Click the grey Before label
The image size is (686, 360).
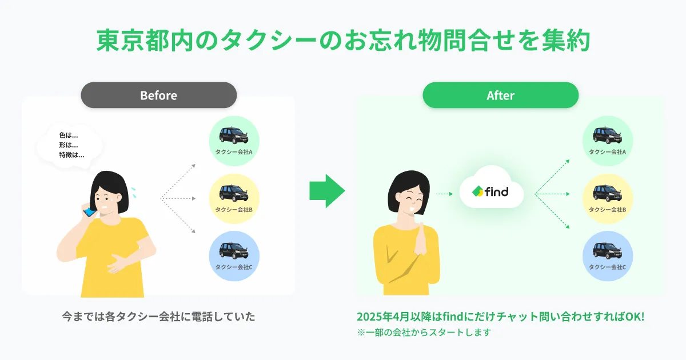coord(158,95)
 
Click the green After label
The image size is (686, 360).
coord(500,95)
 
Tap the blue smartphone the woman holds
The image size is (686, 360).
coord(90,213)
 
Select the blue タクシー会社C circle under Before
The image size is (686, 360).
coord(234,255)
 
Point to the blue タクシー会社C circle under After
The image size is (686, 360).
coord(607,255)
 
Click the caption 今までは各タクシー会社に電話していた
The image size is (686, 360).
coord(158,316)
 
